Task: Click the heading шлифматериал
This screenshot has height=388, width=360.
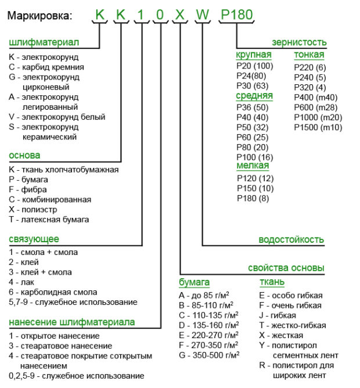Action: tap(44, 43)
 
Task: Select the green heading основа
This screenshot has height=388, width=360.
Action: tap(24, 156)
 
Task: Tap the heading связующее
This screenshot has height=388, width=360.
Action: tap(34, 239)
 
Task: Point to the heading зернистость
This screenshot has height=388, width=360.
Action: tap(299, 42)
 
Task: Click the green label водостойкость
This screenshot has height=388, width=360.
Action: tap(291, 239)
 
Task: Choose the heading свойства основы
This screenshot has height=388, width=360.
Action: tap(286, 268)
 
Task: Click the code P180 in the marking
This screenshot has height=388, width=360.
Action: tap(237, 14)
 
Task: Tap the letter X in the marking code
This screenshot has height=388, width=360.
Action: tap(181, 15)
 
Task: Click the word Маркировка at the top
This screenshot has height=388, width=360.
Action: tap(40, 15)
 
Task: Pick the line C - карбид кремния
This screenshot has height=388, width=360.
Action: tap(46, 67)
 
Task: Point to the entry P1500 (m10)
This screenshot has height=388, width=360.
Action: tap(318, 127)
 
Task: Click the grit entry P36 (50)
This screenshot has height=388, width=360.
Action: tap(253, 107)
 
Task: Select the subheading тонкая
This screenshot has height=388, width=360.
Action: tap(309, 55)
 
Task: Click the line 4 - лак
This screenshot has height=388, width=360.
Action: tap(23, 282)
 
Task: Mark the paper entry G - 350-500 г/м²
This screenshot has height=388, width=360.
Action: tap(208, 355)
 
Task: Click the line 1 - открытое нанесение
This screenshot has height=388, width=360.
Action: tap(54, 336)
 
